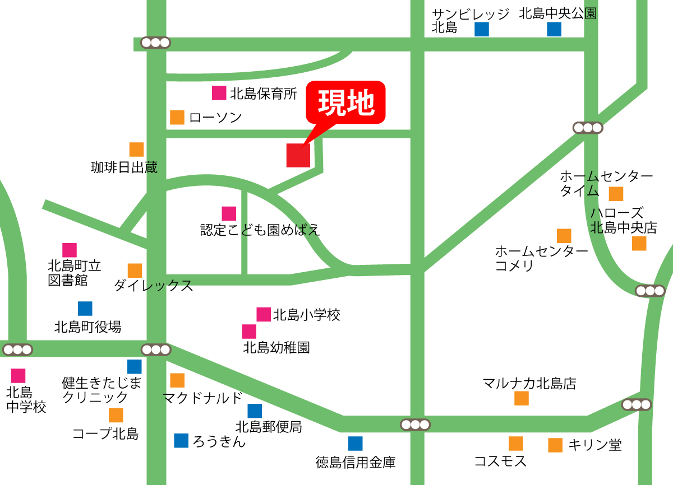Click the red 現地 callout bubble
pos(345,102)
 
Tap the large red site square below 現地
pos(298,155)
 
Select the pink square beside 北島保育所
pos(219,93)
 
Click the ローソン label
pos(215,118)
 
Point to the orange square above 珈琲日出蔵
pos(136,150)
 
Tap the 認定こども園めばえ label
pos(260,230)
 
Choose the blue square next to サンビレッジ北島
pos(481,29)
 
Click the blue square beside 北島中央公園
pos(554,29)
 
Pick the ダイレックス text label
pos(153,286)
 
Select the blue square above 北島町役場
pos(85,309)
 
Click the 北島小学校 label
pos(306,315)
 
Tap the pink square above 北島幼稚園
pos(250,332)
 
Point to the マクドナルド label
pos(202,398)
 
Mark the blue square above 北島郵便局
pos(255,411)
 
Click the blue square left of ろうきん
pos(181,441)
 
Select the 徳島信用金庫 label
pos(356,463)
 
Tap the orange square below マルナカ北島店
pos(522,398)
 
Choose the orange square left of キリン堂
pos(555,445)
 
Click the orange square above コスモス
pos(516,444)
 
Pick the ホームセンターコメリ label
pos(541,258)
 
